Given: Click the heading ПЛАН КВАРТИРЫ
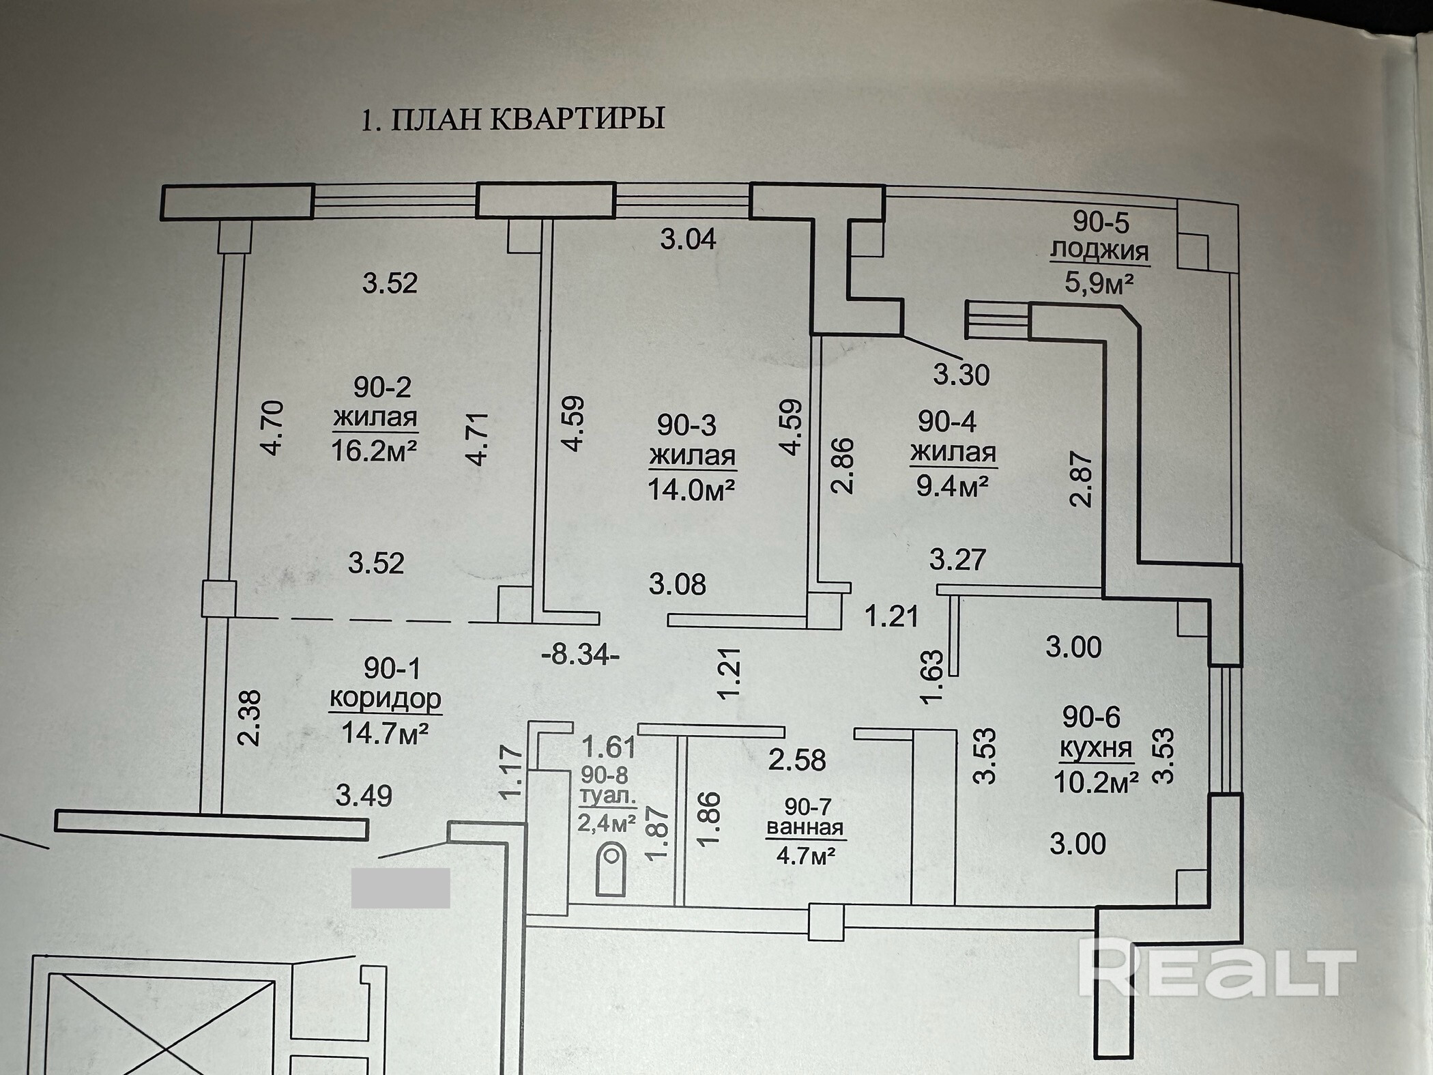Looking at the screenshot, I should [x=512, y=119].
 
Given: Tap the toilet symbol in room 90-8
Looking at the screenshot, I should [x=611, y=869].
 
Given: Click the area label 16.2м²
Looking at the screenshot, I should [x=374, y=450].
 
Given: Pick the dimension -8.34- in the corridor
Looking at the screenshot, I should [x=580, y=656].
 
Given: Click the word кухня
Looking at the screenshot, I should [x=1096, y=748].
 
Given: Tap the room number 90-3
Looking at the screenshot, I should [x=686, y=425].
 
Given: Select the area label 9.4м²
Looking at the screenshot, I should [x=953, y=486].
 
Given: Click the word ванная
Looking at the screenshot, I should [x=805, y=828].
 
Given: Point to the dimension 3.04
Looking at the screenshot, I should [x=688, y=239].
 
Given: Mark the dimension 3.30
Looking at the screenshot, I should [x=961, y=375].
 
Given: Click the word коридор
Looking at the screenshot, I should [x=386, y=698].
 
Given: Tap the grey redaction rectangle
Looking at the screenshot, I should [x=401, y=887].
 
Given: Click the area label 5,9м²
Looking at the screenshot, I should [x=1099, y=281].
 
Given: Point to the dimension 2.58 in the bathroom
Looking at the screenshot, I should [x=797, y=759].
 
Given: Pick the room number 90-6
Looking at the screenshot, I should [x=1091, y=717].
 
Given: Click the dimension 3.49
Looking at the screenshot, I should [x=364, y=796].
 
